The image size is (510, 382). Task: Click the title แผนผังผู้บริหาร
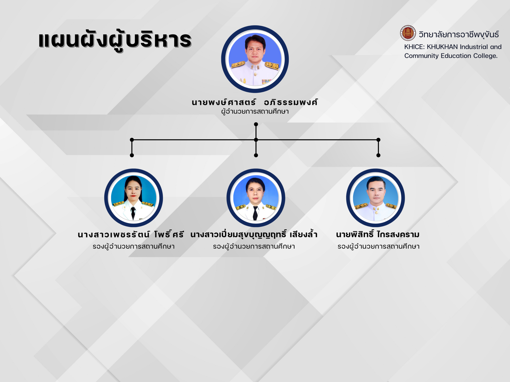click(x=115, y=41)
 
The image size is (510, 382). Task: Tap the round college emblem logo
click(x=408, y=33)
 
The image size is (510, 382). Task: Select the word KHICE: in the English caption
click(x=414, y=47)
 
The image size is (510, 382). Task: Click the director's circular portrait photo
click(x=255, y=59)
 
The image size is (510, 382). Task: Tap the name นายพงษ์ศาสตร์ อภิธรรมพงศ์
click(x=255, y=102)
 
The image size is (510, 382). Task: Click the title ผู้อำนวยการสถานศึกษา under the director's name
click(x=255, y=112)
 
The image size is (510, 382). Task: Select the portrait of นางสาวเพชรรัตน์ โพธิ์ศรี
click(x=134, y=198)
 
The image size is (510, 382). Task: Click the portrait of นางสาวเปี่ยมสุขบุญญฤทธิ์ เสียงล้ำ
click(x=256, y=198)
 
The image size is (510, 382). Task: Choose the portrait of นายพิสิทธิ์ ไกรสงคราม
click(x=376, y=198)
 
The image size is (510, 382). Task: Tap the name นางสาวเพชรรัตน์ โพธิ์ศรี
click(x=131, y=234)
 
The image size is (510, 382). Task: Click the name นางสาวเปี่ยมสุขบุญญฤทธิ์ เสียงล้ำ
click(x=254, y=235)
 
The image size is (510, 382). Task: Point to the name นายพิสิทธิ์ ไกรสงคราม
click(x=378, y=234)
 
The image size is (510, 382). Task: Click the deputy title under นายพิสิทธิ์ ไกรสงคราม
click(x=379, y=246)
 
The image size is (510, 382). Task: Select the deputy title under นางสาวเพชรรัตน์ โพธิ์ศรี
click(x=134, y=246)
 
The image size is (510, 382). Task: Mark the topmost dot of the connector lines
click(x=256, y=124)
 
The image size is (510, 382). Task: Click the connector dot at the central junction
click(x=256, y=140)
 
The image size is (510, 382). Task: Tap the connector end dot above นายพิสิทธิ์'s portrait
click(x=379, y=155)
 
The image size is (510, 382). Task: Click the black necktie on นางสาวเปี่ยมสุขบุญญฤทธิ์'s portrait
click(x=255, y=213)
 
